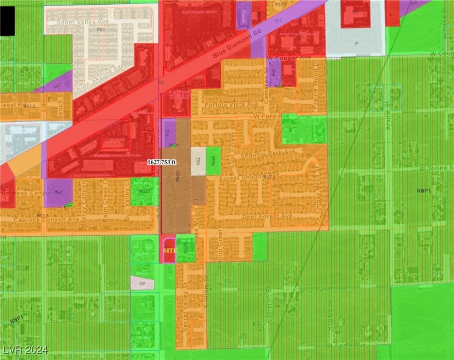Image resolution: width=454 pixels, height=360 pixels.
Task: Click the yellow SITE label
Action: tap(170, 251)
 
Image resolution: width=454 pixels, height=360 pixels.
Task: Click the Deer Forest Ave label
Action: tap(268, 217)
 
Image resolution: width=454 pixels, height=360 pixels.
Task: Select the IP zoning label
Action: tap(356, 43)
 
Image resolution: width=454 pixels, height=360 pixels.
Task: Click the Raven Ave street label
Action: tap(328, 289)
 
